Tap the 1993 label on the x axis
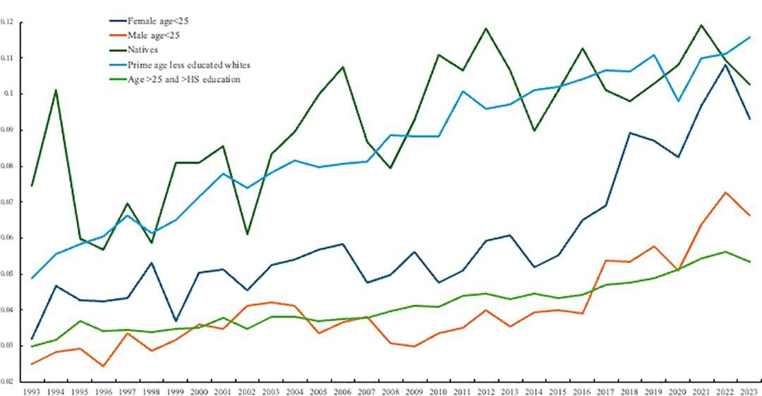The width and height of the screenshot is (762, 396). pyautogui.click(x=32, y=390)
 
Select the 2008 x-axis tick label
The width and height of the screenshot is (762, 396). pyautogui.click(x=391, y=390)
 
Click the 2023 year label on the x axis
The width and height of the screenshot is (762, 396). pyautogui.click(x=749, y=390)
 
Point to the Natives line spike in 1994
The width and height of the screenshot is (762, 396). pyautogui.click(x=56, y=90)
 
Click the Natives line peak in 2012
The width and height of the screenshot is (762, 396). pyautogui.click(x=486, y=29)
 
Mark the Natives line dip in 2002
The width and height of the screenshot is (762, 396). pyautogui.click(x=247, y=234)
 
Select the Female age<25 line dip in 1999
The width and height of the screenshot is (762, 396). pyautogui.click(x=176, y=321)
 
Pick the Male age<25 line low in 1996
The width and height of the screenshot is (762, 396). pyautogui.click(x=104, y=366)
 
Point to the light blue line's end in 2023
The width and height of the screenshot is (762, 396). pyautogui.click(x=749, y=37)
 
